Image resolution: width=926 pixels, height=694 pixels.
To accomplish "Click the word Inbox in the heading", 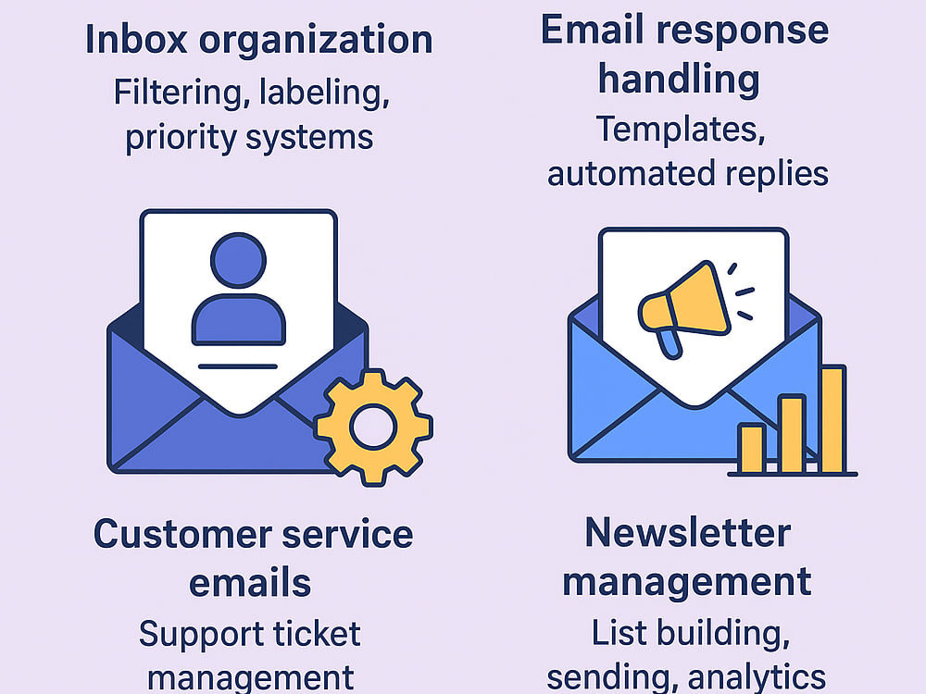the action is [136, 39].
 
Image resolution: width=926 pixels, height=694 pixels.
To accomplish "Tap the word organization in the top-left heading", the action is [316, 40].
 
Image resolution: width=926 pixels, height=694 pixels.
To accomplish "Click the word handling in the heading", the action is [679, 79].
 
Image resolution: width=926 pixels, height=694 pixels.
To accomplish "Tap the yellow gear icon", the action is [373, 428].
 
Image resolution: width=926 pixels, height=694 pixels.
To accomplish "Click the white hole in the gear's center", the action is [373, 427].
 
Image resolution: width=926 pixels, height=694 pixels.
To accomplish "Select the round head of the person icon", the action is [239, 260].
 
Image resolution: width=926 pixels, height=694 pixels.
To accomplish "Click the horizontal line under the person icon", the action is [238, 366].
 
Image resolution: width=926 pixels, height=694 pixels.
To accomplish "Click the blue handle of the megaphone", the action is [669, 344].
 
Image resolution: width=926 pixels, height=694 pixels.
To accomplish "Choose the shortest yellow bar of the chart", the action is [752, 448].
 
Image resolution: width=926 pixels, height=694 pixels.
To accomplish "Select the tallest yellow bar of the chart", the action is [832, 419].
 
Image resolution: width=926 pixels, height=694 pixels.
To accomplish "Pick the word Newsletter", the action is [688, 533].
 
